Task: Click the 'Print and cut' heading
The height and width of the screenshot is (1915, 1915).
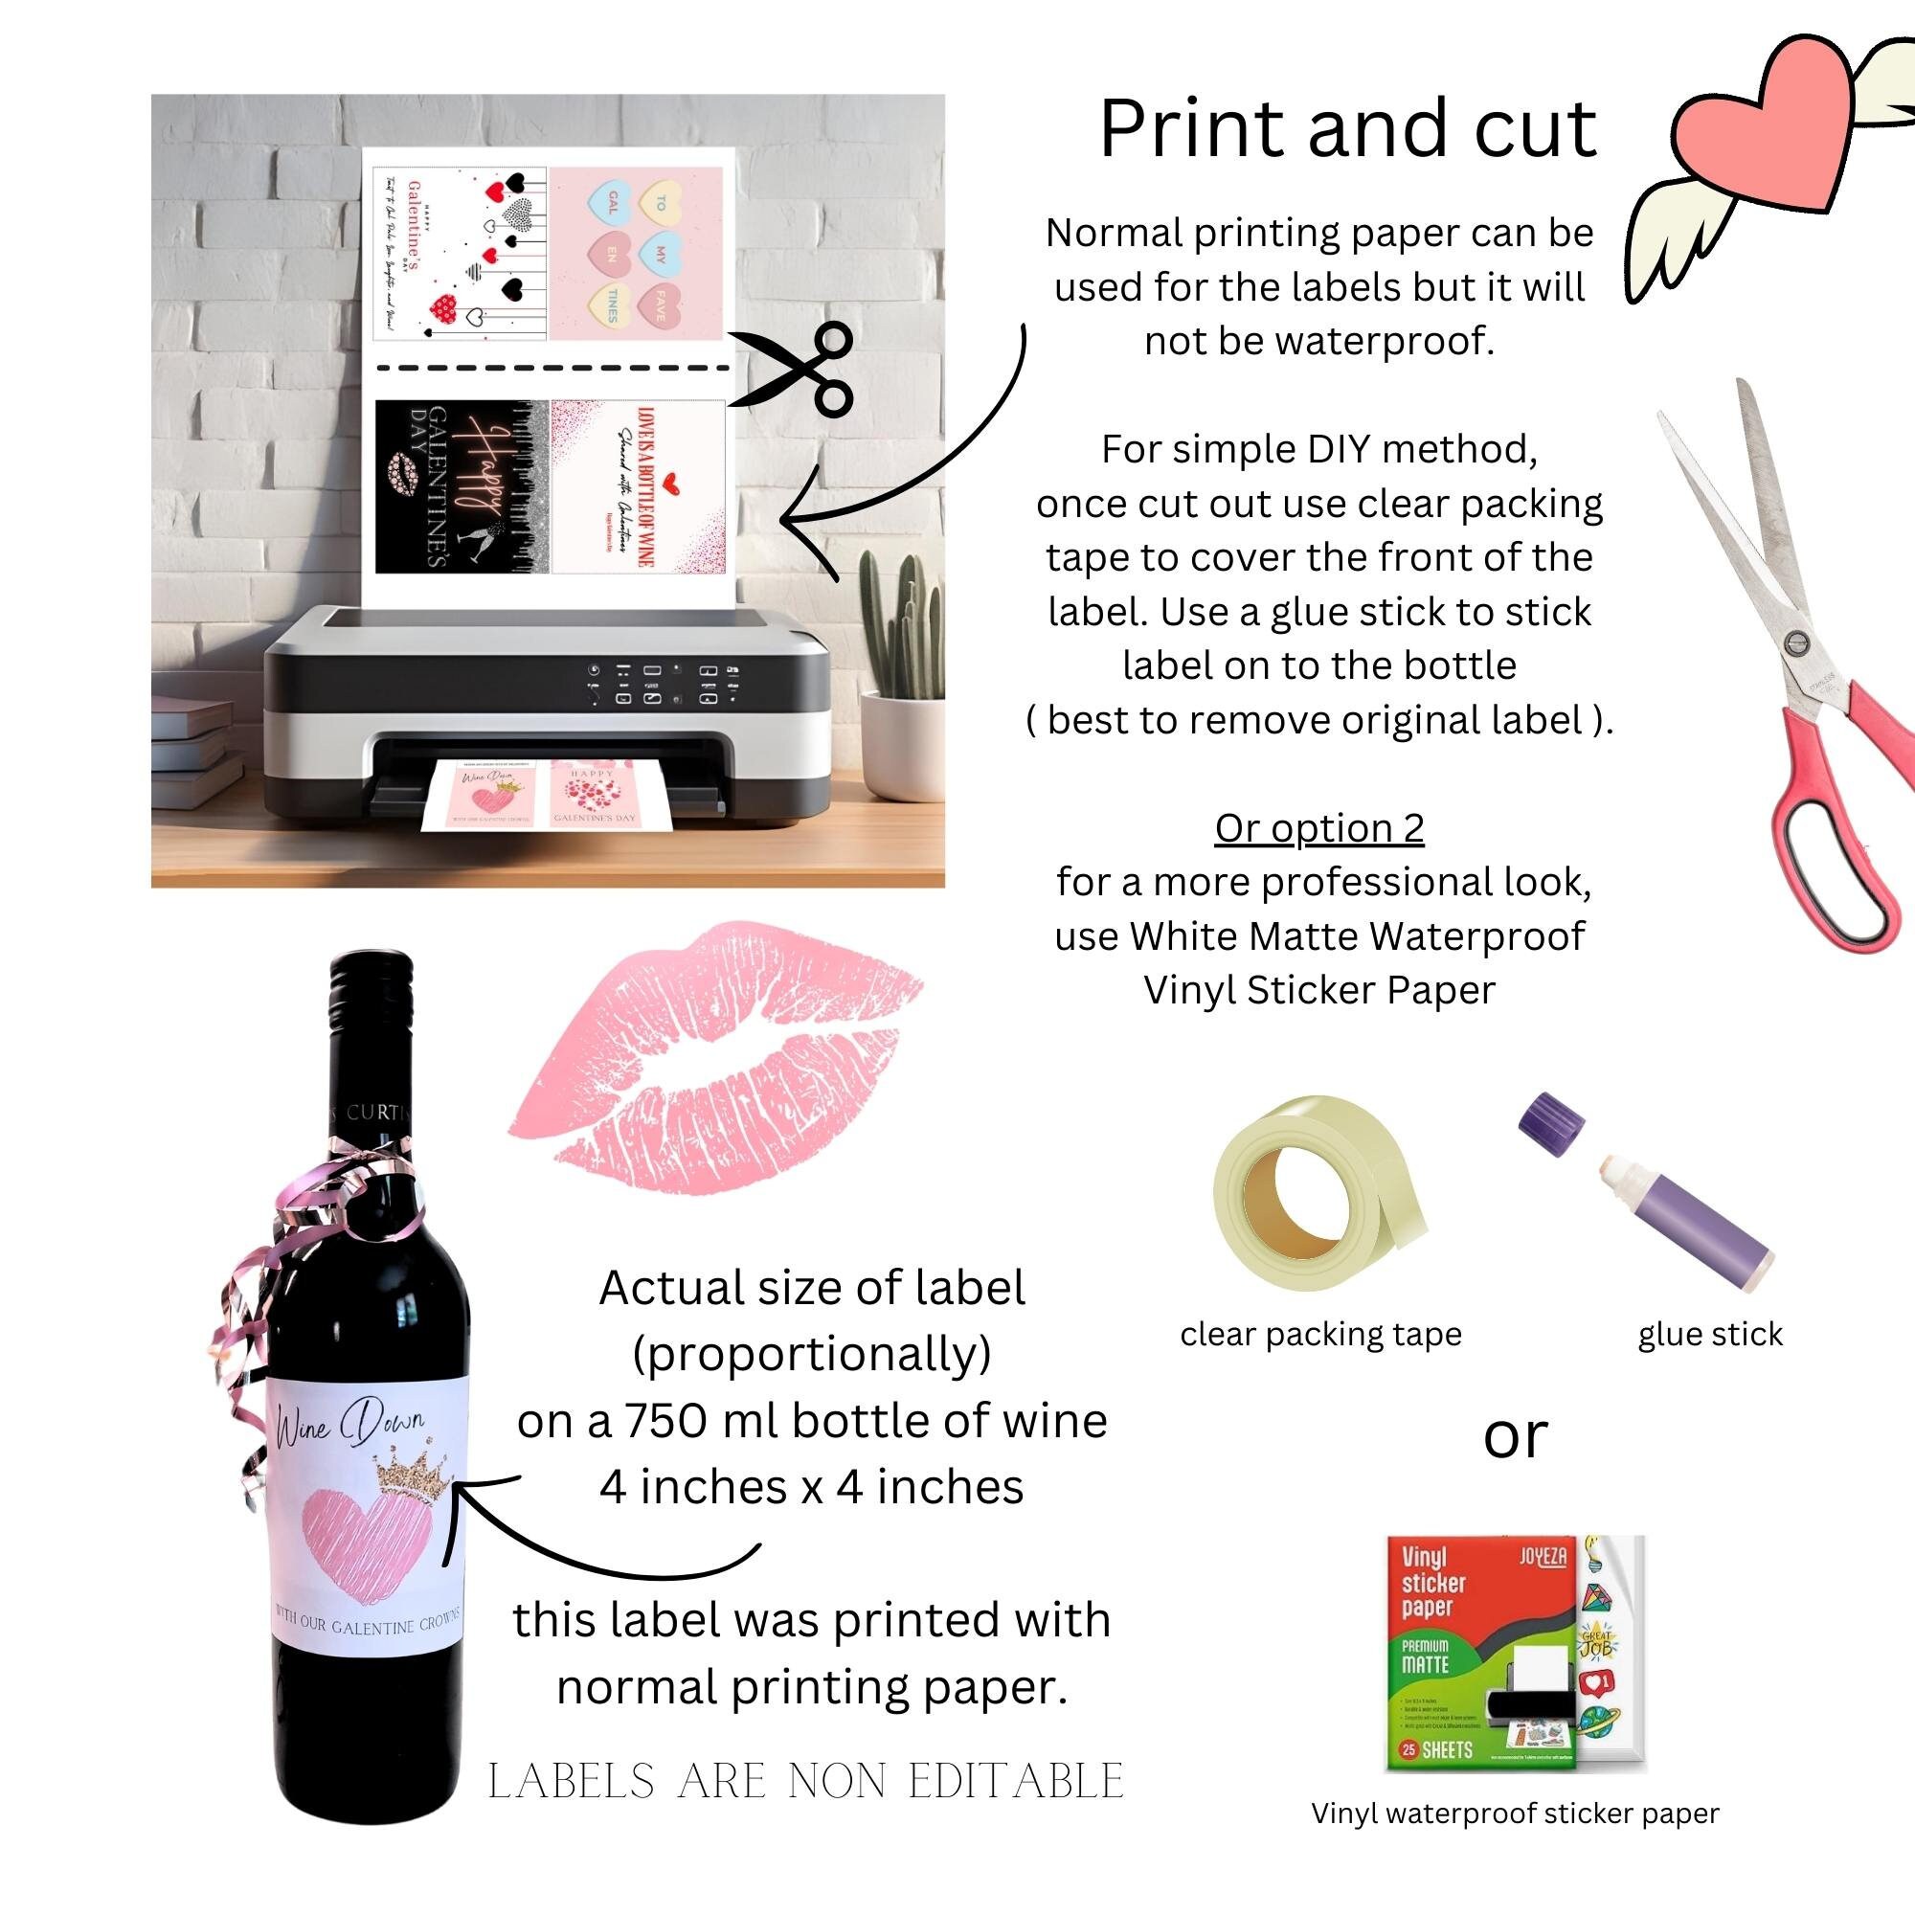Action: tap(1347, 129)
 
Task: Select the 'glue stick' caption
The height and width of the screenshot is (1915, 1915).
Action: tap(1710, 1334)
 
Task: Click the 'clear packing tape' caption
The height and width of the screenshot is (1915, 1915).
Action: tap(1320, 1334)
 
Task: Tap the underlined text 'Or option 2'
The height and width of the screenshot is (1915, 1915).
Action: tap(1318, 827)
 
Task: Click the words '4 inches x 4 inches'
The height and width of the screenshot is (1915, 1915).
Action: tap(811, 1487)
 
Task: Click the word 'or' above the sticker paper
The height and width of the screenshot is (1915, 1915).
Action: tap(1515, 1437)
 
